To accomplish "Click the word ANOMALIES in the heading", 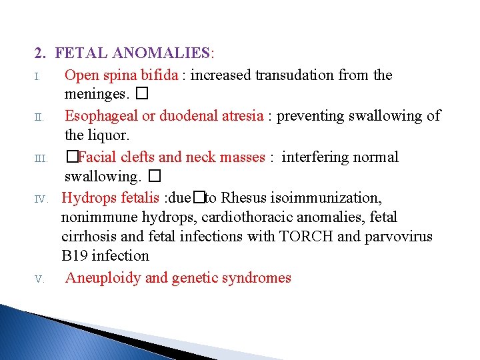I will pos(161,52).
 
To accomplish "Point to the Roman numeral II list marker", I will pos(39,117).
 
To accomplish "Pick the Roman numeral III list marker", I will pos(40,159).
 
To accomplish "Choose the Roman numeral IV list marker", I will pos(40,199).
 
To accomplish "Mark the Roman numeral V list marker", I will pos(40,279).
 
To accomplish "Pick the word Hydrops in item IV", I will pos(87,198).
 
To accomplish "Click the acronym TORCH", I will pos(304,237).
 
